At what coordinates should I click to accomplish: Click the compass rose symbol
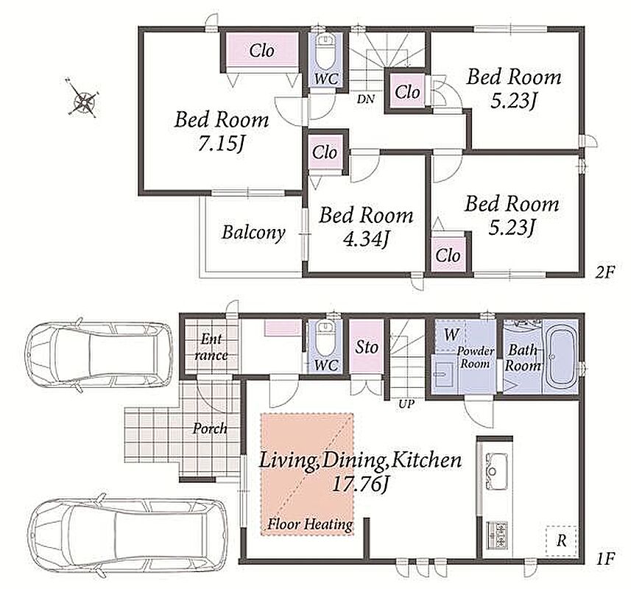(x=83, y=98)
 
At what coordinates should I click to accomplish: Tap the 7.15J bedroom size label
(x=222, y=144)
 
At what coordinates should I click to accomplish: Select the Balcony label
(x=253, y=233)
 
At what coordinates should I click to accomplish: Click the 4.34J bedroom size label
(x=366, y=240)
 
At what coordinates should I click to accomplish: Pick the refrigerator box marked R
(x=561, y=540)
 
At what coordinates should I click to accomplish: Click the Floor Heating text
(x=310, y=524)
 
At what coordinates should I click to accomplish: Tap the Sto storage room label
(x=366, y=347)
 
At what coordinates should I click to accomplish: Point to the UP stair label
(x=406, y=403)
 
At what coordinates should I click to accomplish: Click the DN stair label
(x=366, y=99)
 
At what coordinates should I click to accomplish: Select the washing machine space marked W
(x=451, y=334)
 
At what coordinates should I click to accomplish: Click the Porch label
(x=210, y=428)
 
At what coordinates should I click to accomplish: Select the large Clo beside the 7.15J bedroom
(x=261, y=51)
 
